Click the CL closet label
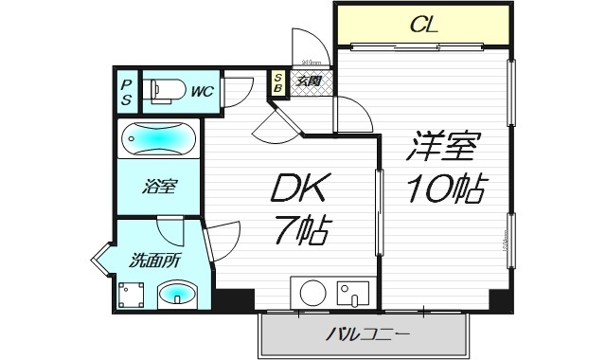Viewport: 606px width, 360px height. (x=423, y=26)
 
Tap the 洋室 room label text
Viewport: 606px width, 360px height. (x=445, y=147)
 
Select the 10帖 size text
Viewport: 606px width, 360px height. (x=446, y=189)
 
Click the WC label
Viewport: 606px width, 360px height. (x=202, y=91)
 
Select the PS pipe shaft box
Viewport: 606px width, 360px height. (x=126, y=91)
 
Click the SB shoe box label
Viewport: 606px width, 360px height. (x=278, y=82)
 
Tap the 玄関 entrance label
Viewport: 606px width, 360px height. (x=309, y=81)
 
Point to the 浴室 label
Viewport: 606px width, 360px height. (x=157, y=188)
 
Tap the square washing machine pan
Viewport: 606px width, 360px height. (x=131, y=296)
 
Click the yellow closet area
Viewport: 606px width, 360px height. (x=423, y=26)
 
